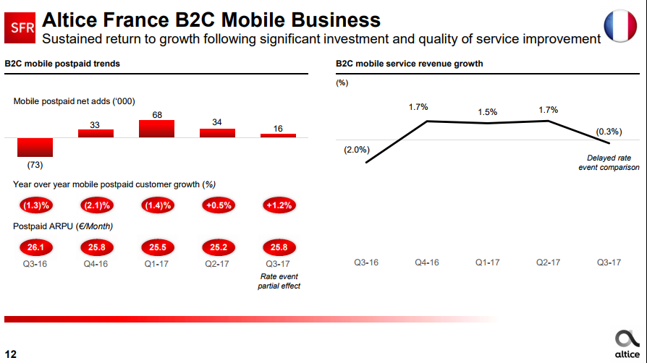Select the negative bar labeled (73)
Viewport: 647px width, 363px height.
coord(35,147)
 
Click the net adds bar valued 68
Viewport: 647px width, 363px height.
coord(156,128)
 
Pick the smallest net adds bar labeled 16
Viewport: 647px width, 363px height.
coord(278,135)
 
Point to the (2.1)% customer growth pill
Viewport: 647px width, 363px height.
coord(96,205)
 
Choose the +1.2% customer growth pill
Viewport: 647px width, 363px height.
coord(279,205)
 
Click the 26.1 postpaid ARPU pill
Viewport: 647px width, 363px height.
coord(35,247)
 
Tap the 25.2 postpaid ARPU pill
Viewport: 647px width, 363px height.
coord(217,247)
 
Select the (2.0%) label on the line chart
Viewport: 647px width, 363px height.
coord(356,150)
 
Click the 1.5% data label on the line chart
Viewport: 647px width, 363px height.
coord(488,112)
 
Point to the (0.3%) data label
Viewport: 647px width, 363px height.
coord(609,132)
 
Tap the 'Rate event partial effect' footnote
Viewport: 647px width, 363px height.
coord(279,281)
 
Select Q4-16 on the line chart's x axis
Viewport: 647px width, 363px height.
coord(427,261)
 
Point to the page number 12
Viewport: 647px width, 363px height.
coord(11,354)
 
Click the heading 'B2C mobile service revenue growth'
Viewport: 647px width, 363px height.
coord(409,64)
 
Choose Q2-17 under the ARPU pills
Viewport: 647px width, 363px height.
coord(217,264)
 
